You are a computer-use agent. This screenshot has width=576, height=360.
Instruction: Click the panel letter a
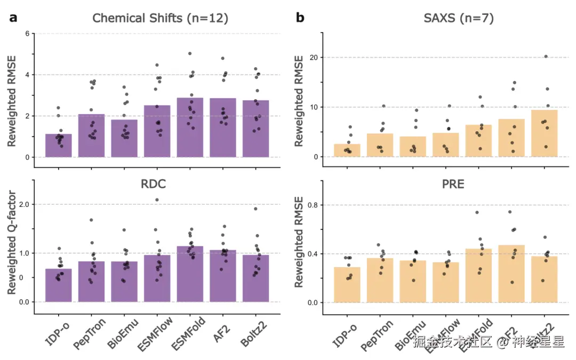[13, 18]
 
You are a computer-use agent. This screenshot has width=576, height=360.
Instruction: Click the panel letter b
[300, 18]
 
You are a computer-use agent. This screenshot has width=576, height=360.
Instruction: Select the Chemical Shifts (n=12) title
[160, 18]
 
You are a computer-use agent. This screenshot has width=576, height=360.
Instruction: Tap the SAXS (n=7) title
[459, 18]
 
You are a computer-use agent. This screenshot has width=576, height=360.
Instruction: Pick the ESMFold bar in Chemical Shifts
[190, 128]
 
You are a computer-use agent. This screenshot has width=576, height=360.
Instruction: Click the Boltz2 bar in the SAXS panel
[544, 133]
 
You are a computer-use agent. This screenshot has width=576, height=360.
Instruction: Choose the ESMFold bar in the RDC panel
[190, 274]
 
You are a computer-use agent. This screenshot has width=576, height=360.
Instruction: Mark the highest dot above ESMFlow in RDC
[157, 200]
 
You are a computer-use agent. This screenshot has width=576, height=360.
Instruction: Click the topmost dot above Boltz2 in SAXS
[546, 57]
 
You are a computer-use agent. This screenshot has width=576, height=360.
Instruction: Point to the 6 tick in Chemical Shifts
[27, 34]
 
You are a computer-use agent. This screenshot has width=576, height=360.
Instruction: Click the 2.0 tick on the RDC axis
[23, 204]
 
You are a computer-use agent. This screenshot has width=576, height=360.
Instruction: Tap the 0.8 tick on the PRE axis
[311, 204]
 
